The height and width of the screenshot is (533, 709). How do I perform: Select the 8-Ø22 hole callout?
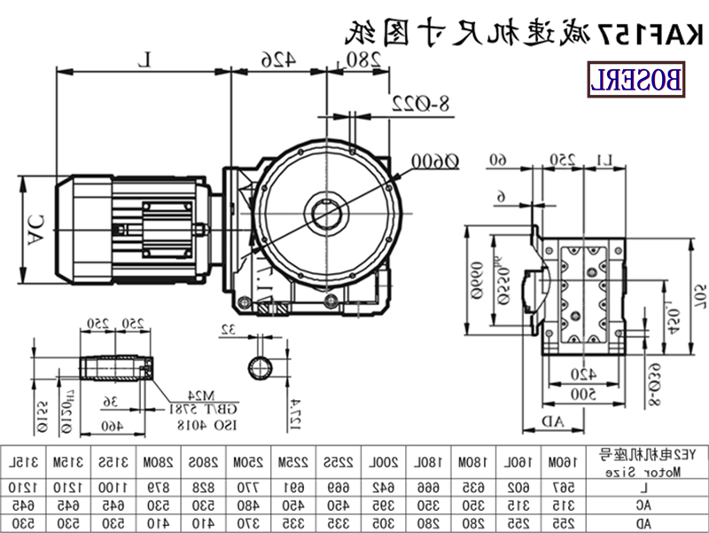(421, 105)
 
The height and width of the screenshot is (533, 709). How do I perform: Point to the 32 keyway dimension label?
(230, 331)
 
